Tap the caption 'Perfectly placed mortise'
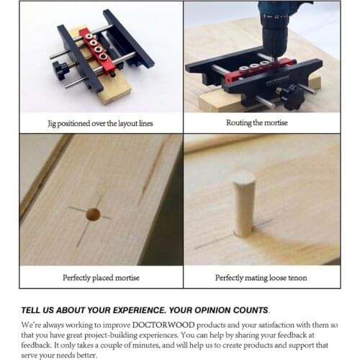pos(101,278)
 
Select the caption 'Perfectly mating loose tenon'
pos(261,278)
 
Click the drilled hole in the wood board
pos(93,214)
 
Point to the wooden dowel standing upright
pos(243,204)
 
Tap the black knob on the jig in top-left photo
pos(60,71)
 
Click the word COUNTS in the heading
pos(251,310)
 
